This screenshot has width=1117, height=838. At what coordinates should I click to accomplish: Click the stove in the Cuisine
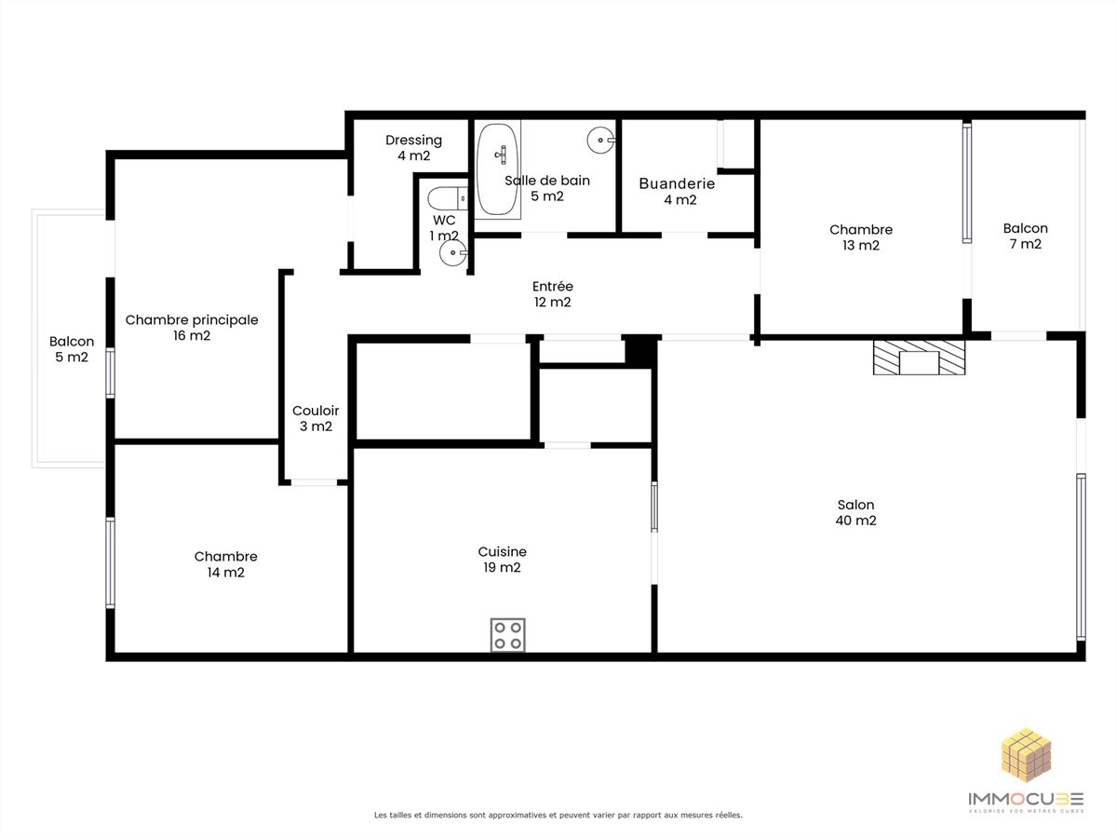tap(507, 634)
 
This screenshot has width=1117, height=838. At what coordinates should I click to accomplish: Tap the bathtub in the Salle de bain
tap(497, 169)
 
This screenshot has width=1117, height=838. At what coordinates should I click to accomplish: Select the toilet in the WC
tap(448, 198)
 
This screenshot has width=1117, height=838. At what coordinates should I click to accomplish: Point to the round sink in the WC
tap(453, 252)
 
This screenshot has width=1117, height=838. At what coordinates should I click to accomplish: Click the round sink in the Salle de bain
tap(600, 140)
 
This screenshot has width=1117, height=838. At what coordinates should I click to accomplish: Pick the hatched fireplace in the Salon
tap(919, 358)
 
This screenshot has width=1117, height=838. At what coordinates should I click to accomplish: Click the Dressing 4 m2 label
tap(413, 147)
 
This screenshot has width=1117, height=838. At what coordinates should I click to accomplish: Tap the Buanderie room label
tap(677, 191)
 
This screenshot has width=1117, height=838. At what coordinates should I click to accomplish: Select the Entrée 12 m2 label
tap(553, 294)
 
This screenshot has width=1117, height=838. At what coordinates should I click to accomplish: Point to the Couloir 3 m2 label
tap(316, 418)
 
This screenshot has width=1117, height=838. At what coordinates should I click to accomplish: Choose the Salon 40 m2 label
tap(856, 512)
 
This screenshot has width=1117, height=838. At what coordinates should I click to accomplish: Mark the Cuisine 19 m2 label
tap(503, 560)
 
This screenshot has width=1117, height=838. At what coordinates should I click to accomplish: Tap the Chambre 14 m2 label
tap(226, 564)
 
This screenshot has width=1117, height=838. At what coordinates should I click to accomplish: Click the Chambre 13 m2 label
tap(861, 237)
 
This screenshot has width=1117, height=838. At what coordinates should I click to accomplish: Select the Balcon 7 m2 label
tap(1026, 236)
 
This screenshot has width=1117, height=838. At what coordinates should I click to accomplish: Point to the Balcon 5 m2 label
tap(72, 349)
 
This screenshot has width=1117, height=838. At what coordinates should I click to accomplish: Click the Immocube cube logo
tap(1026, 754)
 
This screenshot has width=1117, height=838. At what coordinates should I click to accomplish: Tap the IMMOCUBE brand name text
tap(1026, 798)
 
